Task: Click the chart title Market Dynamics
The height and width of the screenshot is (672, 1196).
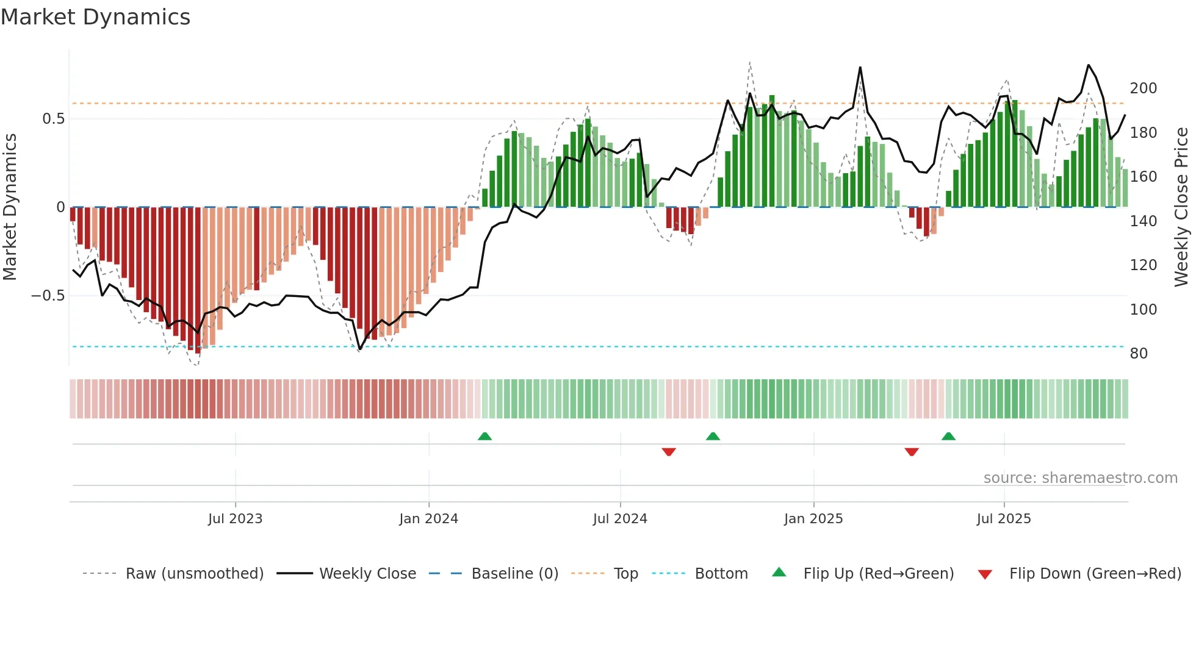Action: click(x=95, y=17)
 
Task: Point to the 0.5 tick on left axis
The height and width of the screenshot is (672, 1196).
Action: click(x=53, y=119)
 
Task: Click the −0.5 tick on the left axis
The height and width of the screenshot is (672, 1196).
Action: click(x=48, y=296)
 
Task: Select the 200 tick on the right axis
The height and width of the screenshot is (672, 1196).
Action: click(x=1143, y=88)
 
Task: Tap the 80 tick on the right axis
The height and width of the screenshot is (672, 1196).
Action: click(x=1139, y=354)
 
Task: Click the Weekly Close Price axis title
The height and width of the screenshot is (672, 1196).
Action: click(x=1181, y=207)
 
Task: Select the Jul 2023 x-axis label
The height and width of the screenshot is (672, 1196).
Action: click(x=235, y=519)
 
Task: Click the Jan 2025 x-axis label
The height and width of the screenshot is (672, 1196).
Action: click(x=813, y=519)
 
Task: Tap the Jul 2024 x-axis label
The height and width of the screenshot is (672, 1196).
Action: click(x=619, y=519)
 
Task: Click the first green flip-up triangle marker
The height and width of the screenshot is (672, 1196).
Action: click(x=485, y=436)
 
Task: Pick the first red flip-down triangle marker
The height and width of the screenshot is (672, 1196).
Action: click(x=669, y=452)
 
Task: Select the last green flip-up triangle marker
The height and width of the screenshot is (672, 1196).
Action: click(x=948, y=436)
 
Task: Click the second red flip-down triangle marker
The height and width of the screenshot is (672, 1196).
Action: click(x=912, y=452)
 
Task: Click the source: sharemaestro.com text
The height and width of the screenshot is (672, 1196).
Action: click(x=1080, y=478)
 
